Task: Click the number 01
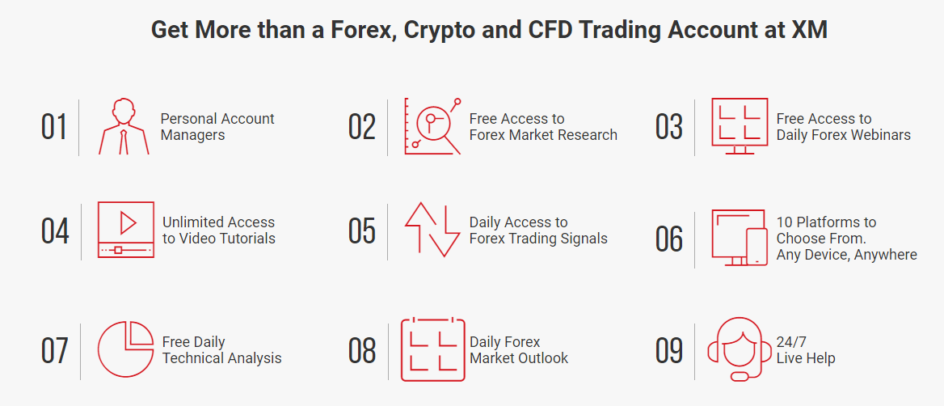click(x=53, y=127)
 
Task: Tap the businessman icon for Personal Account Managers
click(x=124, y=126)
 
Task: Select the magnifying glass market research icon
click(x=433, y=126)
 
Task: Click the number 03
click(x=669, y=127)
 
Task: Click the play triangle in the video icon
click(x=129, y=223)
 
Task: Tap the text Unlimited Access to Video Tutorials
click(x=219, y=230)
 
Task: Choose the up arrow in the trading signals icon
click(x=419, y=223)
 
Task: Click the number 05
click(x=362, y=231)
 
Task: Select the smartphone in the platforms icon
click(x=756, y=247)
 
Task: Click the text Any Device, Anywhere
click(x=846, y=255)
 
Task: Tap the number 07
click(x=54, y=350)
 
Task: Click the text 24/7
click(x=791, y=342)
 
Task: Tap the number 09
click(x=669, y=350)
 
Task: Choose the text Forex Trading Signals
click(x=538, y=239)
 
